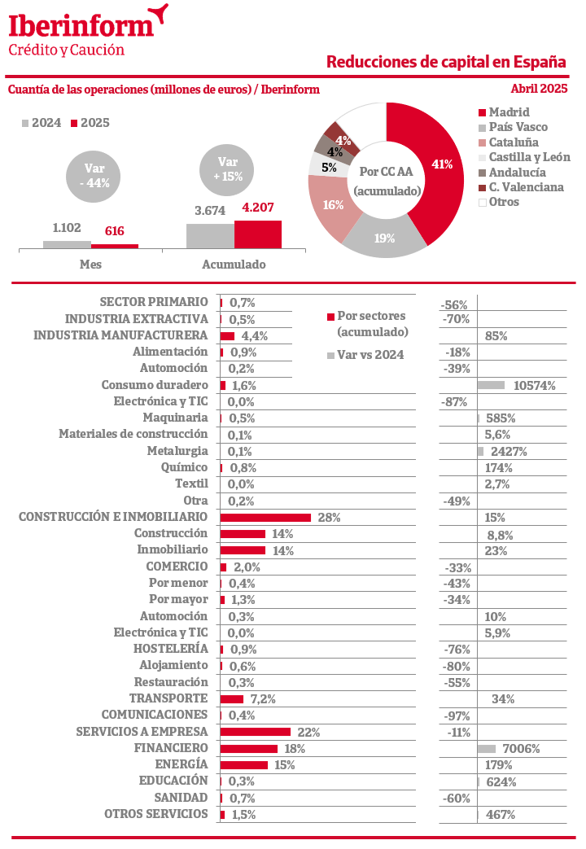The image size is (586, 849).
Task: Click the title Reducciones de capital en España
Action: click(446, 63)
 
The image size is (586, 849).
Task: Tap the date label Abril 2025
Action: click(539, 89)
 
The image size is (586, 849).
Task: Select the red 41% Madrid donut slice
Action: click(435, 163)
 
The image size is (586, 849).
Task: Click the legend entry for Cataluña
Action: click(514, 142)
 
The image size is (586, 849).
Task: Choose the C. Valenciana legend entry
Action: click(526, 187)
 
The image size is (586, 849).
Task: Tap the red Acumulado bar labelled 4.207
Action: click(258, 234)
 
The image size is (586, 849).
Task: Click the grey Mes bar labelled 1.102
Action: click(67, 244)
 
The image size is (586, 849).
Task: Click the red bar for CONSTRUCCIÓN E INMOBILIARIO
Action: click(266, 518)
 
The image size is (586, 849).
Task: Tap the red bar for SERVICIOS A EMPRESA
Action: click(256, 732)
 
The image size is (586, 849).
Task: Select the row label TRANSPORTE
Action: click(168, 698)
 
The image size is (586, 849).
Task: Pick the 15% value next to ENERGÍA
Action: click(285, 765)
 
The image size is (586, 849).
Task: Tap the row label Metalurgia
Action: click(177, 451)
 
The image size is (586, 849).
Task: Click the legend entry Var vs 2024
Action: click(370, 354)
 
